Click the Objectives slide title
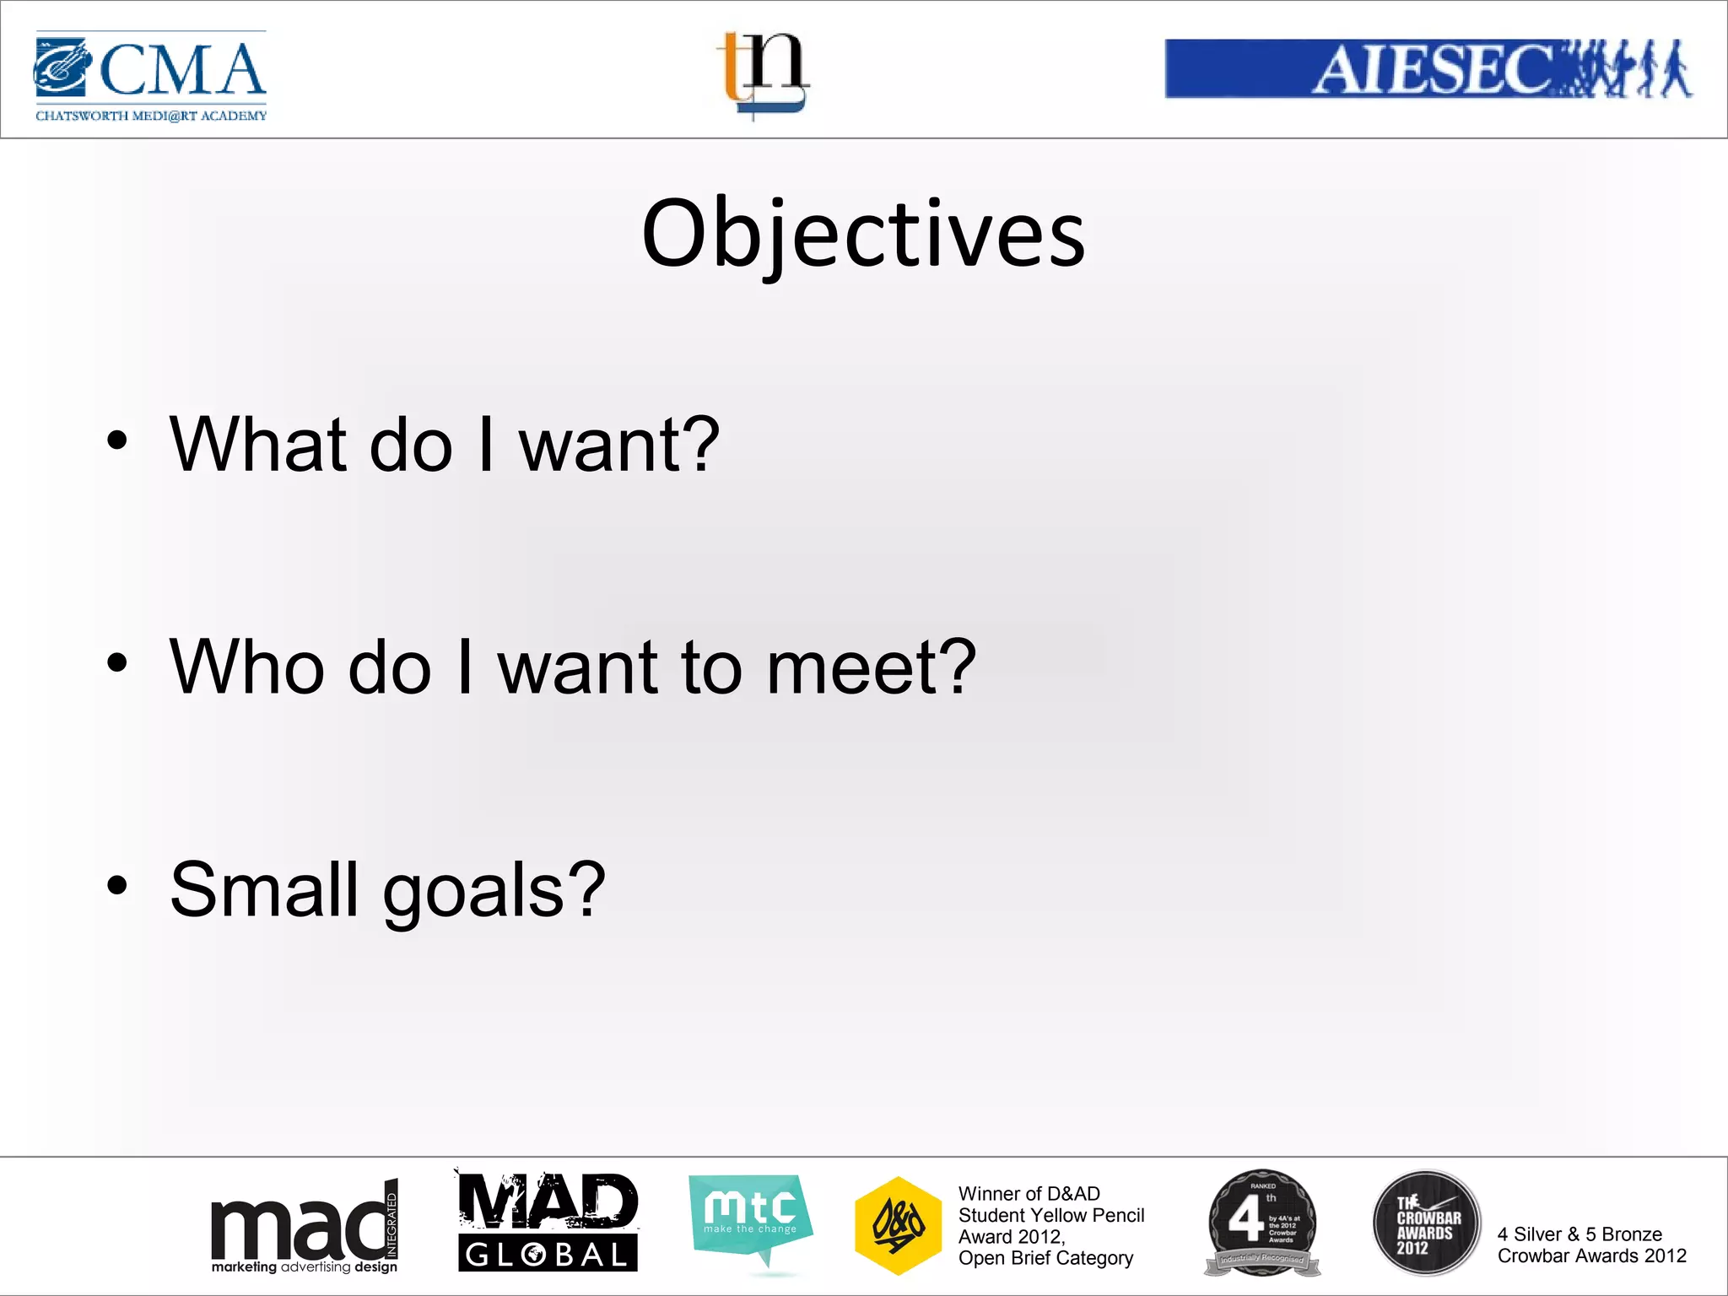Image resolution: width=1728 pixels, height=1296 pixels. point(863,234)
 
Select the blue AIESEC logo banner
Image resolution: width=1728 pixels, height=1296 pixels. point(1428,68)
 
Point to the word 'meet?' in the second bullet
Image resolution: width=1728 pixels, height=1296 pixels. point(871,667)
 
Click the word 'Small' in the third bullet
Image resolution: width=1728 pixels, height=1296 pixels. point(264,889)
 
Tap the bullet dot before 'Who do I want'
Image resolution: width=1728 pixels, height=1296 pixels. point(117,663)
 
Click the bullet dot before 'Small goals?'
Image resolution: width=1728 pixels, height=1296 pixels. point(117,885)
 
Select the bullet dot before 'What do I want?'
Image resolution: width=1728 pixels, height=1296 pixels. point(117,440)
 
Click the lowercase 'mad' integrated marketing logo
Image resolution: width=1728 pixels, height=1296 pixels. point(304,1228)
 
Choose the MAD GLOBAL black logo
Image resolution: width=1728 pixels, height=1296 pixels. point(548,1223)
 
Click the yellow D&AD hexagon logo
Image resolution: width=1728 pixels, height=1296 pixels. point(898,1225)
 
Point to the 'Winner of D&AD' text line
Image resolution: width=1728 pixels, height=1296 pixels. point(1029,1194)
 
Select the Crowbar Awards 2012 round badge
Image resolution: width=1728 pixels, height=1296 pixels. point(1427,1223)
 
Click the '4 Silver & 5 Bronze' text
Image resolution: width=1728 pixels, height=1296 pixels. point(1579,1234)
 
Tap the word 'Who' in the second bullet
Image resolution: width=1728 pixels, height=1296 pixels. point(247,667)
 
